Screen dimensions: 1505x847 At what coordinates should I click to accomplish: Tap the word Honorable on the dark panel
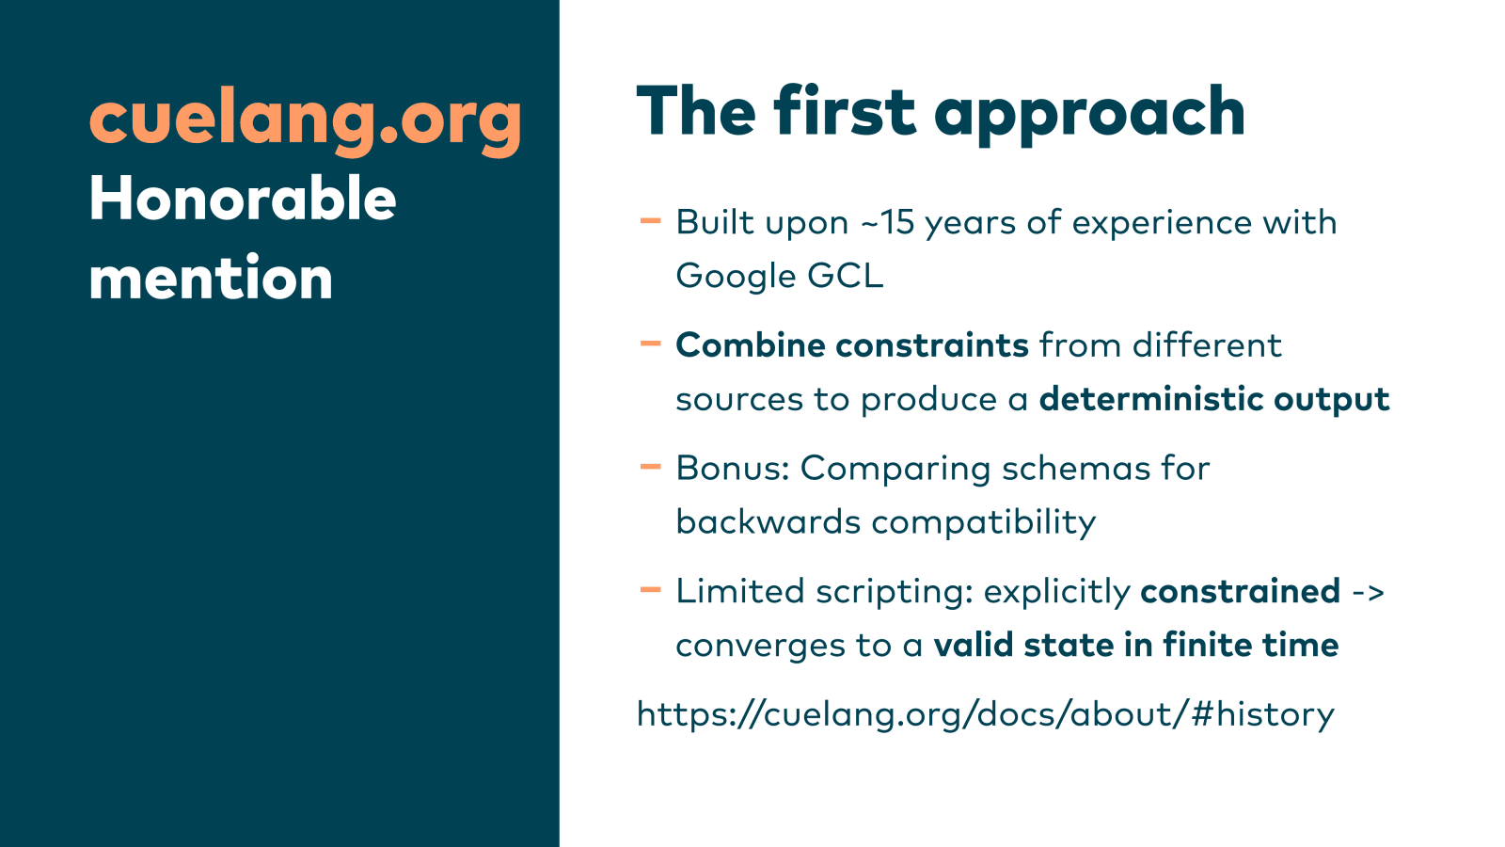(243, 199)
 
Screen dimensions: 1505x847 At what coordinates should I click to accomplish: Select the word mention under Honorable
(211, 277)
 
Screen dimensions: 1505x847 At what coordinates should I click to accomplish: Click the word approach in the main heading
(1090, 114)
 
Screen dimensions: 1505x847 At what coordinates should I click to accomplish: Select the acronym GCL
(846, 276)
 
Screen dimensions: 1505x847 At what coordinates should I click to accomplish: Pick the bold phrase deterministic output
(1214, 400)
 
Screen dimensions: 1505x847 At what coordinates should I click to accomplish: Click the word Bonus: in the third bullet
(733, 468)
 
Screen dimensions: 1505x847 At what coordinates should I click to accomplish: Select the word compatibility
(984, 523)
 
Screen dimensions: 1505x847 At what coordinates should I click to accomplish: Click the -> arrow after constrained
(1368, 592)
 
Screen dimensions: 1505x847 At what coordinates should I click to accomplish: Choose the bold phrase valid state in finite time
(1136, 645)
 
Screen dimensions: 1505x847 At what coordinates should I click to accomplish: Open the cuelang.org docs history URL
(986, 714)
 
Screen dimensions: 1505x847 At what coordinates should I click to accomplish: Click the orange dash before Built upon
(650, 220)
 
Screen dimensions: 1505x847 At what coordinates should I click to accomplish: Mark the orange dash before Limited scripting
(650, 590)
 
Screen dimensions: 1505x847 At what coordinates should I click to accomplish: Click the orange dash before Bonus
(650, 467)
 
